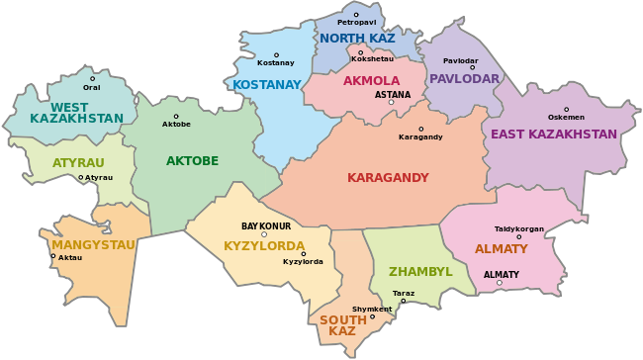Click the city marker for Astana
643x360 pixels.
(392, 103)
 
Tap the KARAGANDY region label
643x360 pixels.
(388, 178)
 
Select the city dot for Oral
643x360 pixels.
(93, 79)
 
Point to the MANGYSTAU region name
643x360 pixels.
(93, 244)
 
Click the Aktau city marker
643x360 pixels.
(53, 256)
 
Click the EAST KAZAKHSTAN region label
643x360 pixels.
(554, 135)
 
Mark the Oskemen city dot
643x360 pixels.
(567, 110)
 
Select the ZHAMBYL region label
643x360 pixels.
(420, 271)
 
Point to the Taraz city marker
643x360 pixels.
(404, 301)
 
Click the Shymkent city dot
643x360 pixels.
(373, 317)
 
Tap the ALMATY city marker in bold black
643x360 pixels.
(500, 283)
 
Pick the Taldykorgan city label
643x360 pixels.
(519, 228)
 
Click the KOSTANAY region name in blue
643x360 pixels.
(266, 85)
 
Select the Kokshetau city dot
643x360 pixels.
(361, 52)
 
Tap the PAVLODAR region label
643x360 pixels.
(465, 79)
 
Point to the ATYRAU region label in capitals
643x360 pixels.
(78, 162)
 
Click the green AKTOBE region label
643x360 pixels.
(192, 161)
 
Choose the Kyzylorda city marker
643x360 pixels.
(304, 254)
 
